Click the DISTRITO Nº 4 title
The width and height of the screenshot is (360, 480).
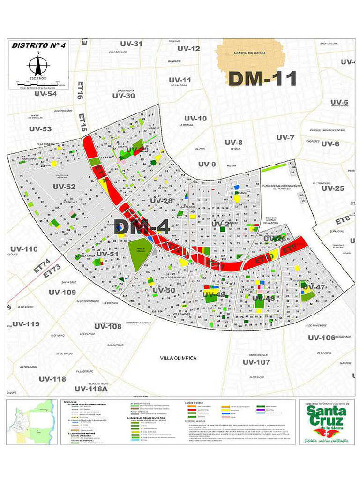(37, 45)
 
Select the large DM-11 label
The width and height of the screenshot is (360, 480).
(262, 78)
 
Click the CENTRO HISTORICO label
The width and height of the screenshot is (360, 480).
(249, 53)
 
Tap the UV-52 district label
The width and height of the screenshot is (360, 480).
(64, 187)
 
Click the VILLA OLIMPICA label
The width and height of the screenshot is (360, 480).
(178, 358)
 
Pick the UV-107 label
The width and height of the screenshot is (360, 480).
(256, 362)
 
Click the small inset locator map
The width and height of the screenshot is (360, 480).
(32, 421)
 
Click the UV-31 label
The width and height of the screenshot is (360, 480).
(131, 44)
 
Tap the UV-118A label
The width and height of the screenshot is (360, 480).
(91, 389)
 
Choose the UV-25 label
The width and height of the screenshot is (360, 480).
(333, 188)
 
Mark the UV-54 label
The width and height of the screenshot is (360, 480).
(45, 94)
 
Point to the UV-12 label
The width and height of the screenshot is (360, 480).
(188, 48)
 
